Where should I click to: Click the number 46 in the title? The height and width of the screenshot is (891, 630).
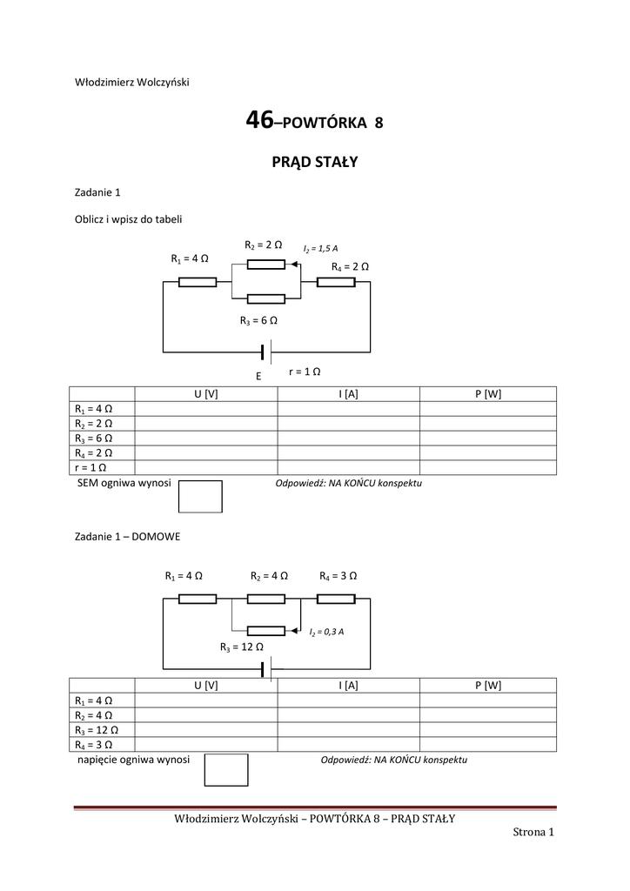coord(259,122)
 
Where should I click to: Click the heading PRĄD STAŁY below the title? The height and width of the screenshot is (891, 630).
coord(315,162)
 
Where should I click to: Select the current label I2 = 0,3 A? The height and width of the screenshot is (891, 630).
coord(326,632)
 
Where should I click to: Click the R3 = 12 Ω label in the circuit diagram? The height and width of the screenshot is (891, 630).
coord(241,647)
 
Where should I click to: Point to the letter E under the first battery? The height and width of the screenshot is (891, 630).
coord(258,377)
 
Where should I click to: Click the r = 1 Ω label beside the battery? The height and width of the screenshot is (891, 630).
coord(305,372)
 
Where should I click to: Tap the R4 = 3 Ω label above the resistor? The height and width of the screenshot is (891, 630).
coord(338,576)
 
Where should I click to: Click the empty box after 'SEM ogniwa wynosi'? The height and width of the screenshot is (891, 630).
coord(200,496)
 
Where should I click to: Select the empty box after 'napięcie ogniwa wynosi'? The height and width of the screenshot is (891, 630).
coord(225,769)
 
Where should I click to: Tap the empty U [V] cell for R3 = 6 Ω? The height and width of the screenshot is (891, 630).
coord(205,438)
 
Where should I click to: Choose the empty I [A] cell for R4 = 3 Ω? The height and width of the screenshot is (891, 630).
coord(348,744)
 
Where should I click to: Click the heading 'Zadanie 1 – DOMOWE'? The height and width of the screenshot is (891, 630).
coord(127,537)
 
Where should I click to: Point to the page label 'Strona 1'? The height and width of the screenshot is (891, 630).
coord(533,833)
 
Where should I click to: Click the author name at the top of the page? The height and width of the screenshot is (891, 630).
coord(132,83)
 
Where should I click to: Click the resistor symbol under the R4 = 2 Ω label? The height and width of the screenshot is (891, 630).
coord(335,282)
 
